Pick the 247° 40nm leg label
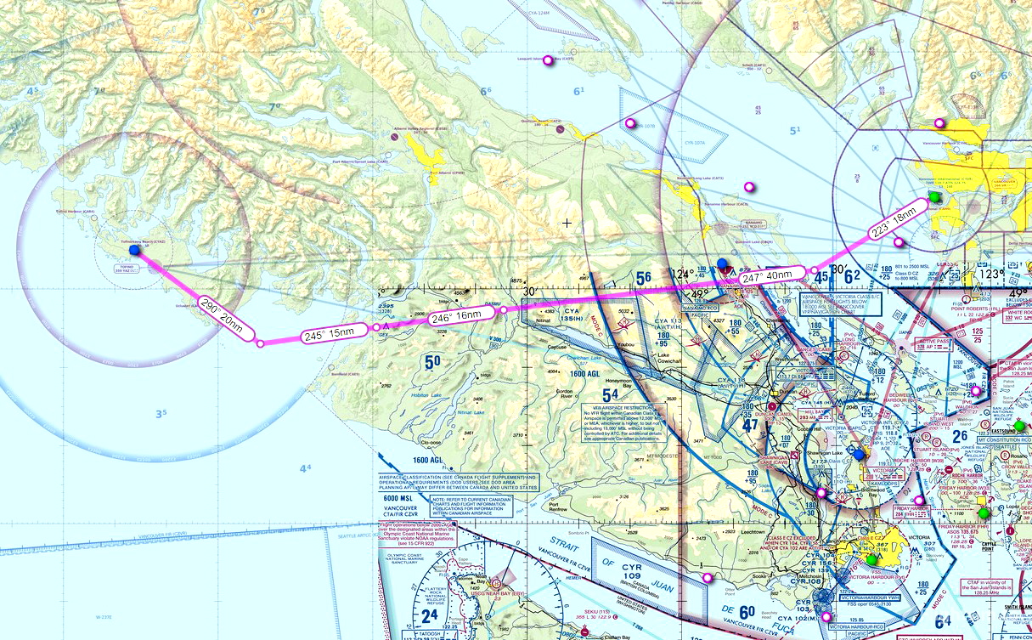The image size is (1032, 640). [x=768, y=277]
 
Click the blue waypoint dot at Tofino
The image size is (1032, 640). [x=134, y=250]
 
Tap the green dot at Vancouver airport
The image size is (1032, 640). [x=935, y=197]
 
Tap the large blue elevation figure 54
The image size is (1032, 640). [x=611, y=395]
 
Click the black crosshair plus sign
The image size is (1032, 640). [x=567, y=223]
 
